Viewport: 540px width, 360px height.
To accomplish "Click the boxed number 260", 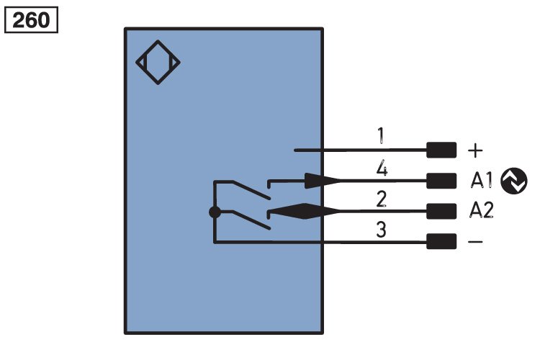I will click(x=31, y=20).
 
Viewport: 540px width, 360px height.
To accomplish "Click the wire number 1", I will click(x=381, y=135).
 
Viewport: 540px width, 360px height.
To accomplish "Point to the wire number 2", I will click(x=381, y=199).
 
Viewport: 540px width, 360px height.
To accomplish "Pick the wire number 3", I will click(x=381, y=230).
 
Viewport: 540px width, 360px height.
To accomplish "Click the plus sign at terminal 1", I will click(x=476, y=150).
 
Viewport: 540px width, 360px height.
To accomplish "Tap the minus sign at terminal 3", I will click(x=476, y=242).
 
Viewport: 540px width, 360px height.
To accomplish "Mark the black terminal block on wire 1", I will click(x=441, y=150).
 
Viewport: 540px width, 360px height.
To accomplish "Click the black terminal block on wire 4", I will click(x=441, y=181).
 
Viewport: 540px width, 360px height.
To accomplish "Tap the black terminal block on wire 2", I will click(x=441, y=211).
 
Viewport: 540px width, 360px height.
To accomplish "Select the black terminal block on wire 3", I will click(x=441, y=242).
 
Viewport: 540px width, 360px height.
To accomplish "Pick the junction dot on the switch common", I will click(x=214, y=212).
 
